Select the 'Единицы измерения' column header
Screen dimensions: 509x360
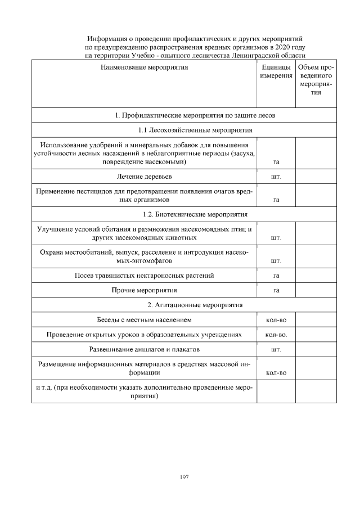click(276, 71)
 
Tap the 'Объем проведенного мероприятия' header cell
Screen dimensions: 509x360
click(316, 80)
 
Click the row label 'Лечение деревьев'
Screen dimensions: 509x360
click(144, 177)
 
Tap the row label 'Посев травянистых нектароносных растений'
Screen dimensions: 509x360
click(144, 276)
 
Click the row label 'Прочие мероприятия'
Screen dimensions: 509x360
click(144, 290)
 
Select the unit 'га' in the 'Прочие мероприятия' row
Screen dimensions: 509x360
click(276, 291)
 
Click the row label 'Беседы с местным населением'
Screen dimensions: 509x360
click(144, 320)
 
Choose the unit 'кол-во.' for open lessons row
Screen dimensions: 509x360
click(276, 335)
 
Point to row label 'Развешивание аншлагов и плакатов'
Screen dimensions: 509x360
click(144, 349)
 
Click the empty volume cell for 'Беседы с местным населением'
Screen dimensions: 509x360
click(316, 320)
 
